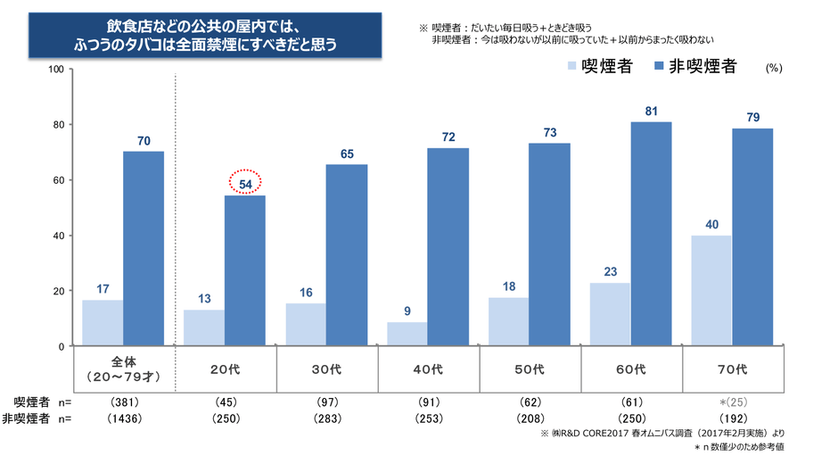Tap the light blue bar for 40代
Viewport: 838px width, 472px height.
tap(407, 334)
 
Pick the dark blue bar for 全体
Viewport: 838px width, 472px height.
tap(144, 249)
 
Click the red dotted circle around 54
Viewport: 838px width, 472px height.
tap(245, 183)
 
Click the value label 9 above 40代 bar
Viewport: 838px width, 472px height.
tap(407, 311)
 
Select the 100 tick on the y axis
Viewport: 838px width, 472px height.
tap(54, 69)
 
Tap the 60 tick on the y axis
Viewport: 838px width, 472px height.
tap(57, 180)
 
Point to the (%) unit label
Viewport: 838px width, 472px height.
tap(773, 69)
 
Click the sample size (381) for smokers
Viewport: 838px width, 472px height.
tap(123, 402)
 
